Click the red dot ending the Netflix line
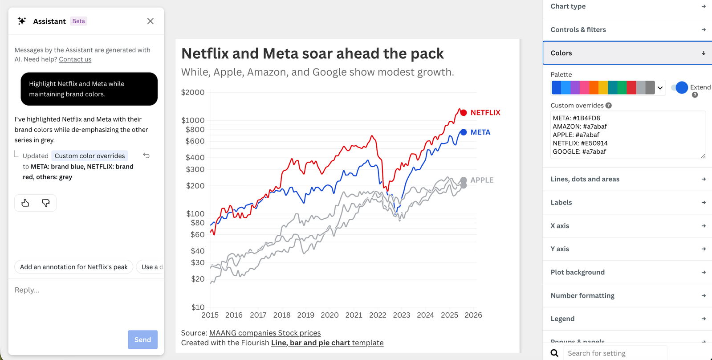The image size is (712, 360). click(x=464, y=113)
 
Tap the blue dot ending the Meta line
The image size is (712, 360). click(x=464, y=132)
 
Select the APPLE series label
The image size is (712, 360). click(x=482, y=180)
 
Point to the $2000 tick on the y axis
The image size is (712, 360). click(x=193, y=92)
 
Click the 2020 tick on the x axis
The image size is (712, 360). click(x=330, y=315)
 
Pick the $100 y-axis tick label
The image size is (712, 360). click(x=195, y=213)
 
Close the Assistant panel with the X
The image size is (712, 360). click(x=151, y=21)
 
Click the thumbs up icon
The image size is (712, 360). click(x=25, y=203)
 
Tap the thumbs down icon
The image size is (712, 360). click(x=46, y=203)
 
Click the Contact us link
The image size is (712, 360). click(x=75, y=59)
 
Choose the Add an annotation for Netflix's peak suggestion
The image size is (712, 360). click(x=74, y=267)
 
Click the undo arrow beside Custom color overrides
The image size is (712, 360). click(x=146, y=155)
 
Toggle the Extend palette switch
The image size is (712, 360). click(x=679, y=87)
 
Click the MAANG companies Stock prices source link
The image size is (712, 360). click(x=265, y=333)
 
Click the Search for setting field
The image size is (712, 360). click(x=615, y=353)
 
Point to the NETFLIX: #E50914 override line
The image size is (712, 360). click(x=580, y=143)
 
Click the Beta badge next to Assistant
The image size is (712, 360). click(x=78, y=21)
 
